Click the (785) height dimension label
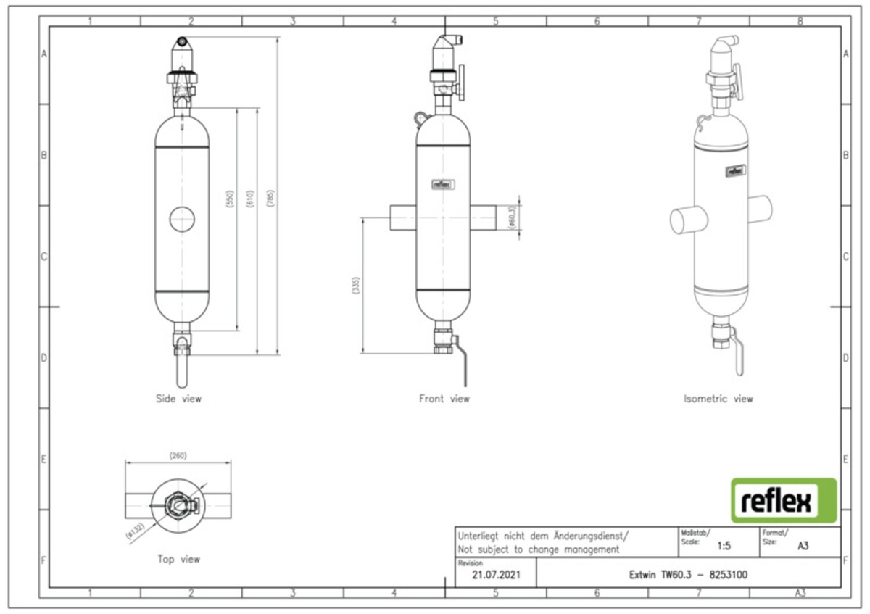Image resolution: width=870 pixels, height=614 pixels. pyautogui.click(x=271, y=199)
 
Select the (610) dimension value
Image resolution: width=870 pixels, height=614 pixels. pyautogui.click(x=249, y=199)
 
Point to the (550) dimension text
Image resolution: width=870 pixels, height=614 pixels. pyautogui.click(x=231, y=199)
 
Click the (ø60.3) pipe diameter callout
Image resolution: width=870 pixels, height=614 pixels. pyautogui.click(x=512, y=217)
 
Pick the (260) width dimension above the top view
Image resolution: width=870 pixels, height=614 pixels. pyautogui.click(x=178, y=456)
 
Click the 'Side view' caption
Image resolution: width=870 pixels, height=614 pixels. pyautogui.click(x=178, y=398)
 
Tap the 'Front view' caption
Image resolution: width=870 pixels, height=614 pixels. pyautogui.click(x=444, y=398)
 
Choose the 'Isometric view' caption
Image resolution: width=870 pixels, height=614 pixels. pyautogui.click(x=718, y=398)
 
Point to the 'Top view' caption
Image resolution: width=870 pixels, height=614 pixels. pyautogui.click(x=178, y=559)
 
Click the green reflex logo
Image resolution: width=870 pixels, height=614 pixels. pyautogui.click(x=783, y=500)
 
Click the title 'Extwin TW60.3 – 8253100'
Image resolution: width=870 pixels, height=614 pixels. pyautogui.click(x=688, y=575)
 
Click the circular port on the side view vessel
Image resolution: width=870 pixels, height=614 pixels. pyautogui.click(x=182, y=218)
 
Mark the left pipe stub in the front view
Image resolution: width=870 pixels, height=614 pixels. pyautogui.click(x=402, y=217)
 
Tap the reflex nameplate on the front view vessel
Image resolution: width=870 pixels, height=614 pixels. pyautogui.click(x=442, y=184)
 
